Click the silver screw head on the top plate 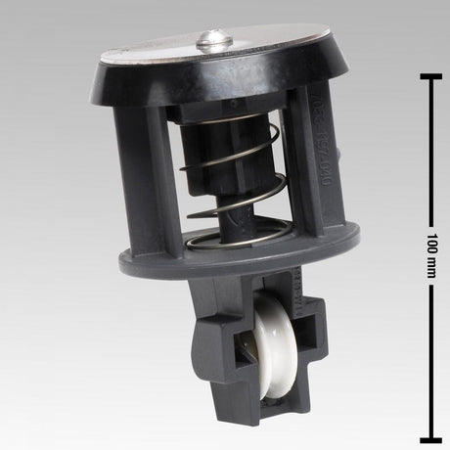click(x=214, y=40)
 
